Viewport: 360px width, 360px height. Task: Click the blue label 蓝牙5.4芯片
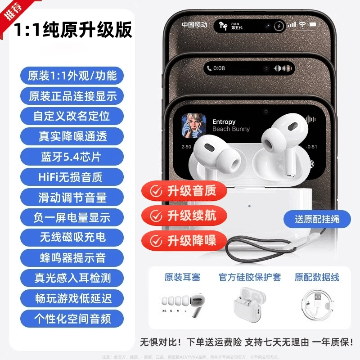click(x=72, y=157)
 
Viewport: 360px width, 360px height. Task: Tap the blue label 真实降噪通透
click(x=72, y=135)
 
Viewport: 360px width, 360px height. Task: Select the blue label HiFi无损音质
click(x=72, y=177)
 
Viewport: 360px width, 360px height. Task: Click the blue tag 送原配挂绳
click(x=317, y=219)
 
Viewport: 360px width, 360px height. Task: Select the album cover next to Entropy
click(x=193, y=126)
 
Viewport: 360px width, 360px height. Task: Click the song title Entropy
click(x=224, y=122)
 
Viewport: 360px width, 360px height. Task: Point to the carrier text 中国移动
click(x=194, y=25)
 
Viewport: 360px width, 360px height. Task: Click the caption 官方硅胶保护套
click(x=249, y=277)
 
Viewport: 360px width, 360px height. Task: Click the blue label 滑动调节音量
click(x=72, y=197)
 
